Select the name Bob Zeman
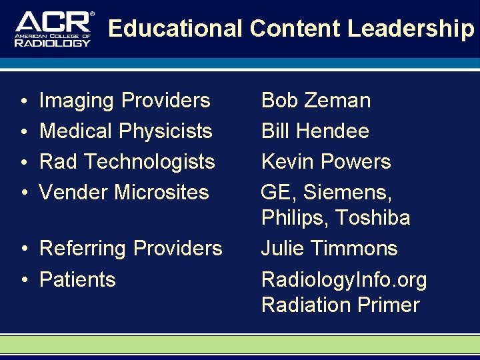(315, 101)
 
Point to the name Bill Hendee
(315, 131)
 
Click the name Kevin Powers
(326, 162)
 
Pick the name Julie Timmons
(329, 249)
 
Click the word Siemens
(347, 193)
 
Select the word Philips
(295, 218)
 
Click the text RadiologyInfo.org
(344, 280)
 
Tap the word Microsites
(161, 193)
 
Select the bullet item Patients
(77, 279)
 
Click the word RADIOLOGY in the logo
(53, 43)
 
